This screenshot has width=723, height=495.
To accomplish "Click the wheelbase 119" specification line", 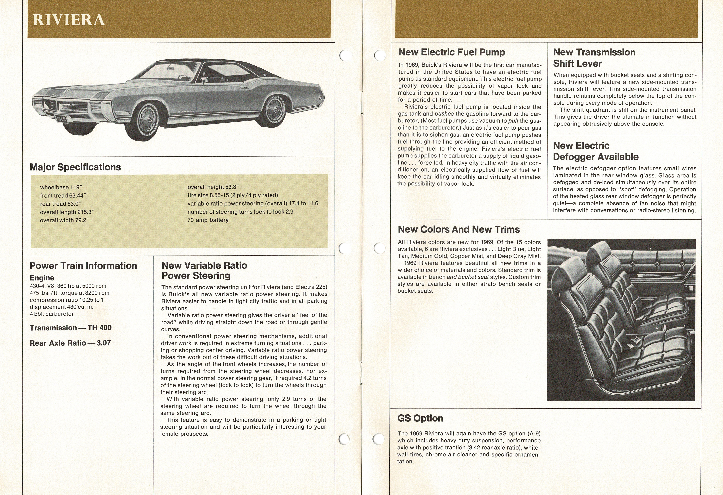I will point(61,188).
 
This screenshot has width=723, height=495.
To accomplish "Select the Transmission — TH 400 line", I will point(71,328).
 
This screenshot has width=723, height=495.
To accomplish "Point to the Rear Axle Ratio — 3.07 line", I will point(70,343).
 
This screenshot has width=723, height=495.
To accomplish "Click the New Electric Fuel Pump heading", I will point(452,52).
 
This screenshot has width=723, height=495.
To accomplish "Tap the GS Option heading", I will point(420,418).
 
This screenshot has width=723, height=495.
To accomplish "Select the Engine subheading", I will point(42,278).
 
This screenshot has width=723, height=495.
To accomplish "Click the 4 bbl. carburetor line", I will point(52,314).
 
